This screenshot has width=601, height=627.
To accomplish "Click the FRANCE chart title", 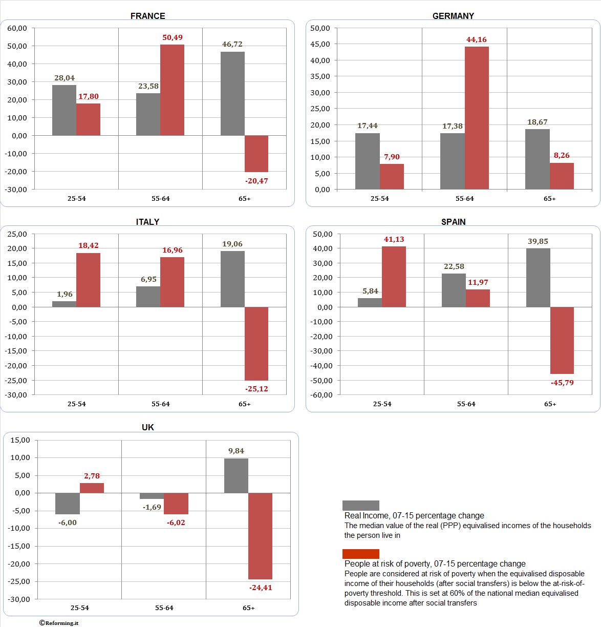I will pos(147,16).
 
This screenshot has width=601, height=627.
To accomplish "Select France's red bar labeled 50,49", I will pos(172,90).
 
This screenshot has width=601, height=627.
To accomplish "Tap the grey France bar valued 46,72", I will pos(232,94).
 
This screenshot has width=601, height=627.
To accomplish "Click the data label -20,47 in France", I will pos(256,181).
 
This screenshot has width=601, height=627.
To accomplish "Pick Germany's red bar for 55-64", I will pos(477,118).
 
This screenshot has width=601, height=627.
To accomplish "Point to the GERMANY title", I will pos(453,16).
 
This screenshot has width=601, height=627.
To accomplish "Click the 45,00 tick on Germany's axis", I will pos(320,44).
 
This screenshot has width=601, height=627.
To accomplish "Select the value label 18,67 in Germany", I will pos(538,122).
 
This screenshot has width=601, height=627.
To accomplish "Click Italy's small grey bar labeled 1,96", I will pos(64,304).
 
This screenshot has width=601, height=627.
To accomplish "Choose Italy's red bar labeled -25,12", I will pos(256,343).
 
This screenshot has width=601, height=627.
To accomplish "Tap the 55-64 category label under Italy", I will pos(160,404).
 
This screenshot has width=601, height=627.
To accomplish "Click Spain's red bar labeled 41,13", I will pos(394,277).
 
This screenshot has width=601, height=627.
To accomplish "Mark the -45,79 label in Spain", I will pos(562,383).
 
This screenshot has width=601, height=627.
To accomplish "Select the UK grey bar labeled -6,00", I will pos(68,504).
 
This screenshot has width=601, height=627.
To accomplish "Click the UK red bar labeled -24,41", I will pos(260,536).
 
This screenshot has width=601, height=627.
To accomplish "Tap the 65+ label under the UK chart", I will pos(248,608).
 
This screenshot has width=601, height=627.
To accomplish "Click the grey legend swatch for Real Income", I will pos(361,506).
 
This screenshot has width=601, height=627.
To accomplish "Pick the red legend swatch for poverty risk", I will pos(361,554).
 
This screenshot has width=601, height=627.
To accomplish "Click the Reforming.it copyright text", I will pos(59,623).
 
